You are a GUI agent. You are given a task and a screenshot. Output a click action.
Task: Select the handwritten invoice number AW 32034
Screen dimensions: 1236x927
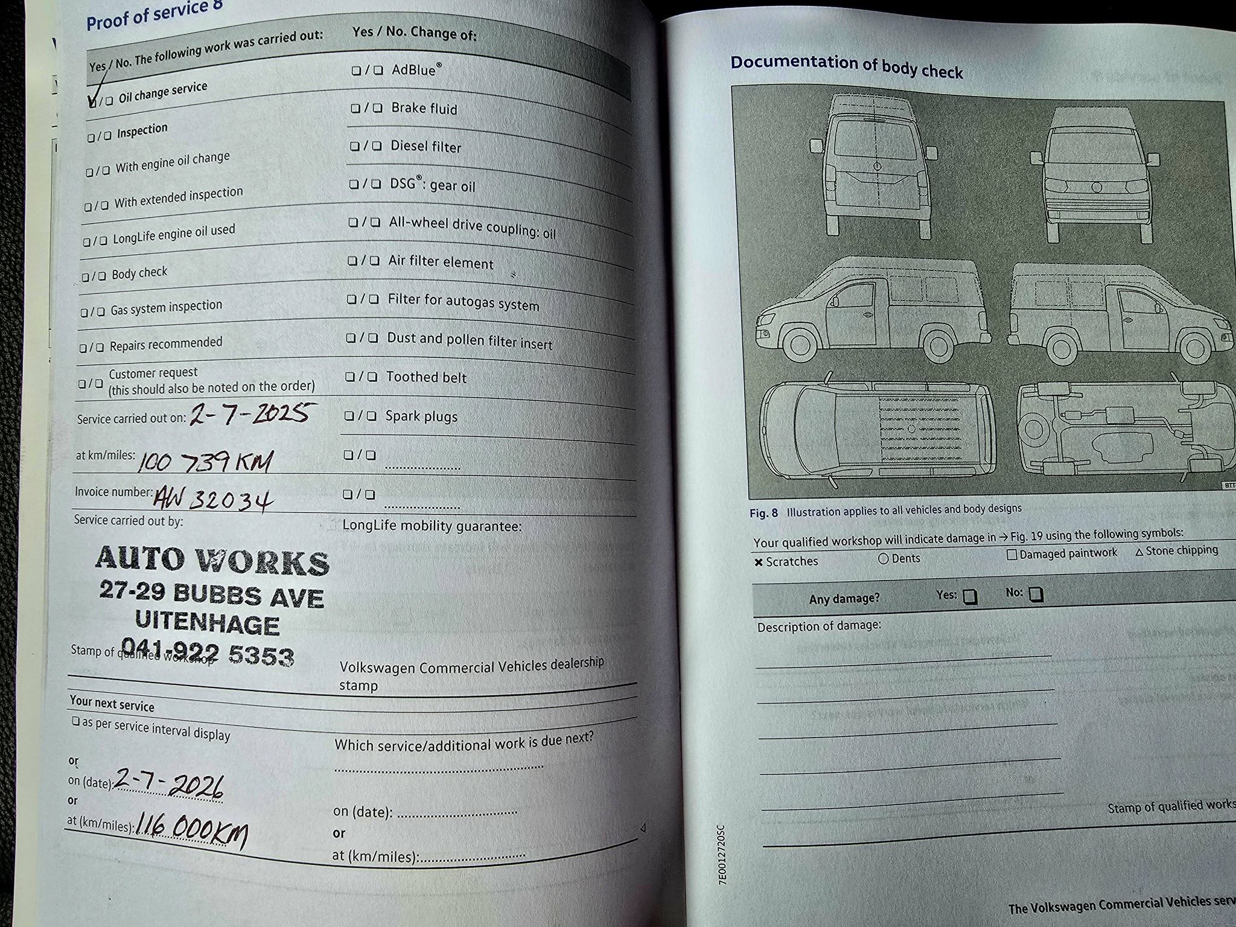(x=213, y=499)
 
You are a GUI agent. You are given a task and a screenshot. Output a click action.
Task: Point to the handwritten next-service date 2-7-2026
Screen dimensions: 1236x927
(x=170, y=784)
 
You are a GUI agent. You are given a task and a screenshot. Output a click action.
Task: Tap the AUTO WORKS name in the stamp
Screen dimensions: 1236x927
(x=212, y=560)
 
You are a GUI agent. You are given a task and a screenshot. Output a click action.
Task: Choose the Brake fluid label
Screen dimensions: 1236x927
(x=424, y=109)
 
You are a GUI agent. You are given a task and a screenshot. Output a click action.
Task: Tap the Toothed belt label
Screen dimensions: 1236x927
(x=426, y=377)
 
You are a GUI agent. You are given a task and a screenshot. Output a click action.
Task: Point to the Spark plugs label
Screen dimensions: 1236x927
(x=421, y=416)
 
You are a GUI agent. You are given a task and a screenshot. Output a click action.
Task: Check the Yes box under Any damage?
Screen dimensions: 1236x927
(x=969, y=596)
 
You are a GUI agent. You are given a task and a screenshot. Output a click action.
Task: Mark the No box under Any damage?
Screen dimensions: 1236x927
(x=1036, y=594)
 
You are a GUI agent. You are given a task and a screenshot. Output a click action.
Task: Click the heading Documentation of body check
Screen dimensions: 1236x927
(x=846, y=67)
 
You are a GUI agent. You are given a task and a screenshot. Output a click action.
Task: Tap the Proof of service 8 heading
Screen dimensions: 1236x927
(x=154, y=14)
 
